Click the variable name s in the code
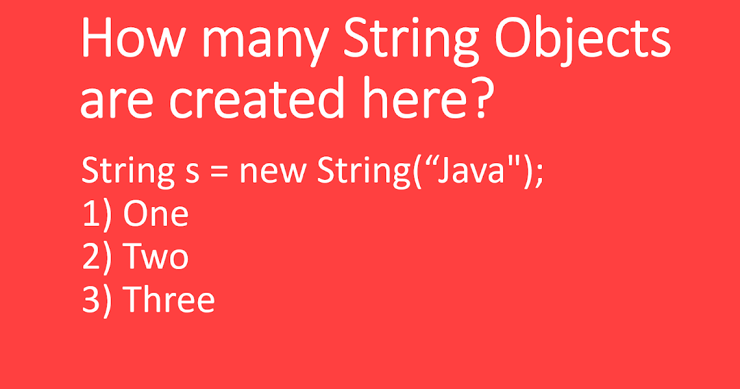coord(191,172)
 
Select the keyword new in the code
coord(272,172)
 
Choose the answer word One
coord(155,214)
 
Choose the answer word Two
coord(155,257)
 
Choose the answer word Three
coord(168,300)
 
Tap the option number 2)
coord(97,258)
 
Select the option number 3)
coord(97,301)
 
